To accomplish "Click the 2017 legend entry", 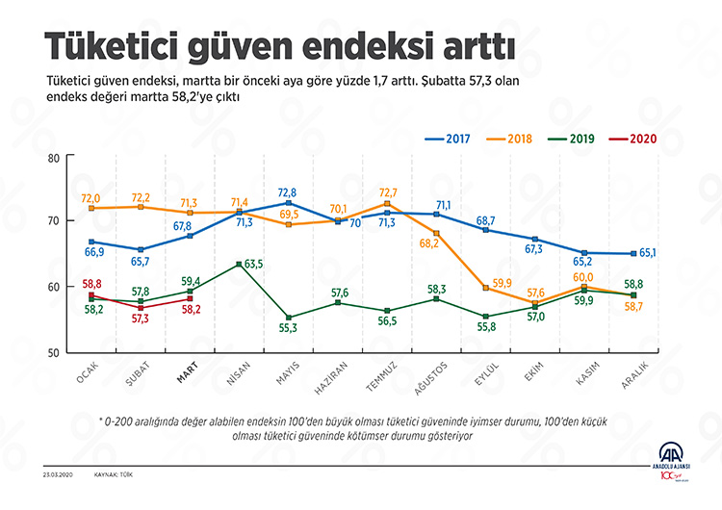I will pyautogui.click(x=448, y=139).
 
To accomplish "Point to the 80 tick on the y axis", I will pyautogui.click(x=53, y=159).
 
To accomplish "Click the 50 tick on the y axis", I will pyautogui.click(x=53, y=352).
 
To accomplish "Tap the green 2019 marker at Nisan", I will pyautogui.click(x=239, y=264).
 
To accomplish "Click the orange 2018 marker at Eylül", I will pyautogui.click(x=486, y=288).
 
